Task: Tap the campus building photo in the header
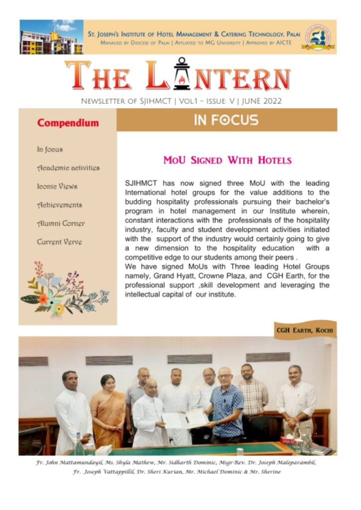(51, 37)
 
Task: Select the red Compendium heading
(68, 123)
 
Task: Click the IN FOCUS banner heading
(226, 120)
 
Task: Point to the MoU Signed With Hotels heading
(227, 160)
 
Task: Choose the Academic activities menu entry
(68, 168)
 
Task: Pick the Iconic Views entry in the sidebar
(57, 186)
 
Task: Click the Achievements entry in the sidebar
(59, 205)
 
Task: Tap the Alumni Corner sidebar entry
(61, 224)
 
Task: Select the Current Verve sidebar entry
(59, 242)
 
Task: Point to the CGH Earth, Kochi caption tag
(305, 330)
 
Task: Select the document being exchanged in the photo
(185, 419)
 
